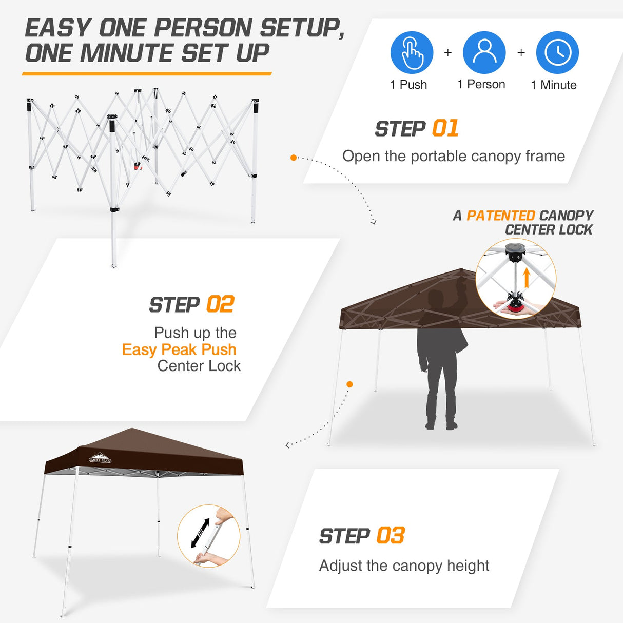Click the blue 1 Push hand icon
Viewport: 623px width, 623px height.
click(x=412, y=52)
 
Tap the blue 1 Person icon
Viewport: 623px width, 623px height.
click(x=484, y=52)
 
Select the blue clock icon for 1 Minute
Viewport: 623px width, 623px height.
click(x=557, y=52)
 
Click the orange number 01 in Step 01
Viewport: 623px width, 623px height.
click(x=445, y=129)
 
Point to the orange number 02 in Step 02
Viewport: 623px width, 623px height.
click(x=220, y=304)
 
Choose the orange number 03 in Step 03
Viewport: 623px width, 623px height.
click(x=391, y=536)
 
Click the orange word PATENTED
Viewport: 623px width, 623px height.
click(x=500, y=216)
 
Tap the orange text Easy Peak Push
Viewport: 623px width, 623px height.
click(x=179, y=349)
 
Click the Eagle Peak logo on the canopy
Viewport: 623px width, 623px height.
click(x=100, y=458)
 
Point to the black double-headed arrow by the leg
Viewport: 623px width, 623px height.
click(x=200, y=533)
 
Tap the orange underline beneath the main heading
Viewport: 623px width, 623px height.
click(x=147, y=74)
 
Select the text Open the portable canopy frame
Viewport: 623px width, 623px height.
click(x=454, y=156)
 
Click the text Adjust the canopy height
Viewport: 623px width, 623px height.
click(x=404, y=566)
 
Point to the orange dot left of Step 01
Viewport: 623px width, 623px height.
click(x=294, y=158)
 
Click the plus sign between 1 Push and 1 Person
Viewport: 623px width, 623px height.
click(x=448, y=52)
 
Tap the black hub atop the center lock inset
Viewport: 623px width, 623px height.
click(x=514, y=251)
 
